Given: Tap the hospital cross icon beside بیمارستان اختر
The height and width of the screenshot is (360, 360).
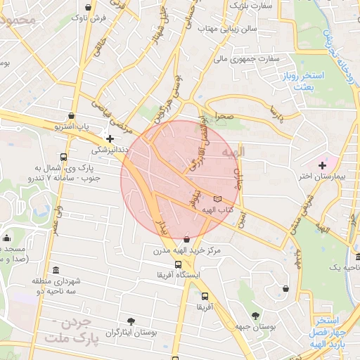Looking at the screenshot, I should click(322, 165).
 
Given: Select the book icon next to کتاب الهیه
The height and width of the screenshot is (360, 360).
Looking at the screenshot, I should click(217, 199).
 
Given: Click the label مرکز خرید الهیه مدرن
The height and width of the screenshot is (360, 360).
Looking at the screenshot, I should click(186, 250).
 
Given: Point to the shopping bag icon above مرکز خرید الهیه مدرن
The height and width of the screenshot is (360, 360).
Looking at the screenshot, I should click(186, 239).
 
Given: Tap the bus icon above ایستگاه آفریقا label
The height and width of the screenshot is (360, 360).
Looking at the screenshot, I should click(179, 264).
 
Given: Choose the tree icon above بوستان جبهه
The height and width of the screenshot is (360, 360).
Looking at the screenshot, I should click(254, 314).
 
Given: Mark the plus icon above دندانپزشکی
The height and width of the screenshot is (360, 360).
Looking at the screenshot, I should click(110, 139).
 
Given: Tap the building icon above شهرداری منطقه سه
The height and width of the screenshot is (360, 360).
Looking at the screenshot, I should click(56, 271).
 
